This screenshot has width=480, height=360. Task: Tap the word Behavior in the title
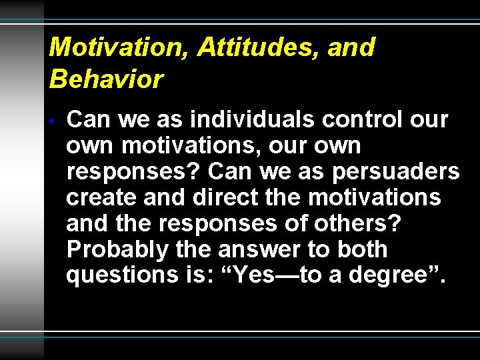click(x=106, y=79)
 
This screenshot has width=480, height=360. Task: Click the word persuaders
click(x=397, y=172)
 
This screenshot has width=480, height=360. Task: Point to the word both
click(x=363, y=249)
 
